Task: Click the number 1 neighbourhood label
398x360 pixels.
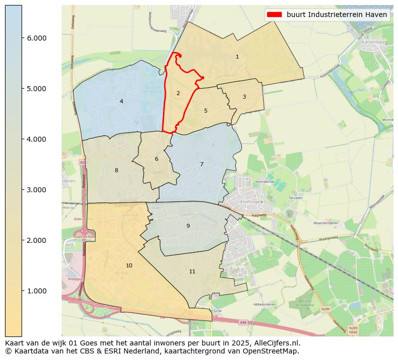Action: pos(237,57)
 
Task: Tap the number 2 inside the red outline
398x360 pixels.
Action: pos(178,94)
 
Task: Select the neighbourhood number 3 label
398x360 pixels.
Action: pos(244,97)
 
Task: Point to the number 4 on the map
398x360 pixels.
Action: pos(121,102)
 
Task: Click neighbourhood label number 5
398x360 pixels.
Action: pos(206,111)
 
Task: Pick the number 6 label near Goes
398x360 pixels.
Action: pos(156,159)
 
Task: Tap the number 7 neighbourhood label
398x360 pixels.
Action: pos(202,165)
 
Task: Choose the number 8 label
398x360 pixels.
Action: pos(116,171)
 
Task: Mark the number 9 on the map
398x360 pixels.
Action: pos(188,226)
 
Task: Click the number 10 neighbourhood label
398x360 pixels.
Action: pos(129,266)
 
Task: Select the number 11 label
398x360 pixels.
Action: pos(192,272)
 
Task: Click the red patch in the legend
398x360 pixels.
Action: pos(275,15)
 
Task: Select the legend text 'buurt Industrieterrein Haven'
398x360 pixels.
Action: pos(337,15)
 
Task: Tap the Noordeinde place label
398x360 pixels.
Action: pos(266,182)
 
